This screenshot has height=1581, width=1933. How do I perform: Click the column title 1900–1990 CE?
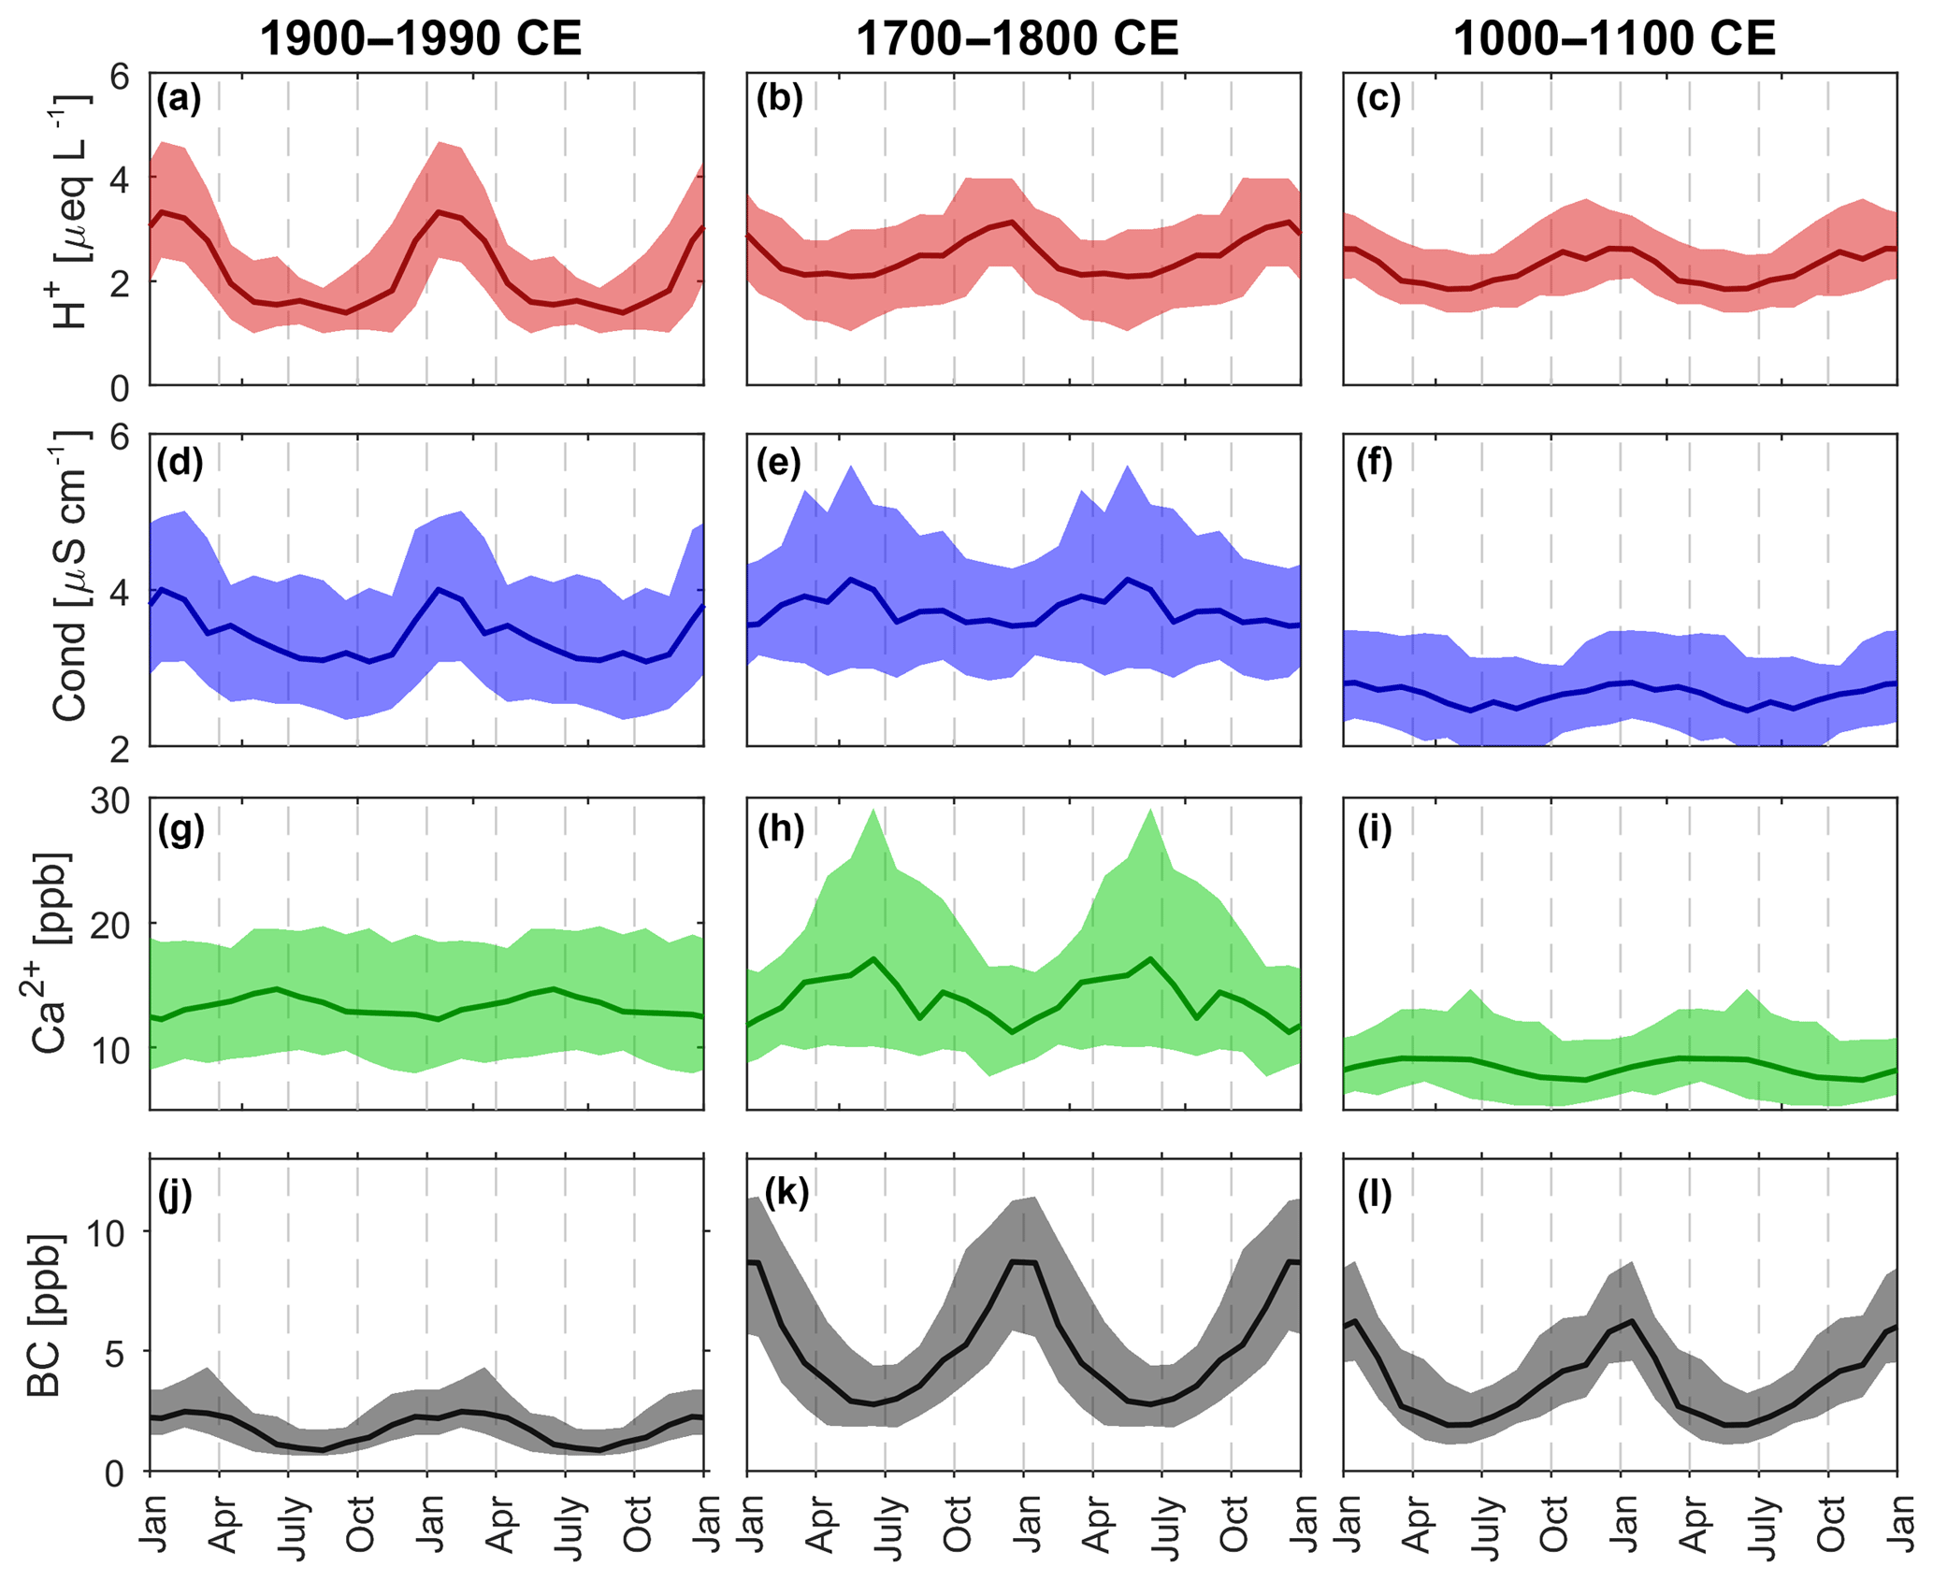(420, 39)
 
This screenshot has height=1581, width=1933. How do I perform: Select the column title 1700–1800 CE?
(1017, 39)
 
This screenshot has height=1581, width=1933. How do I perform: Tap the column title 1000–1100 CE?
(1614, 39)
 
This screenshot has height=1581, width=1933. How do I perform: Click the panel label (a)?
(179, 99)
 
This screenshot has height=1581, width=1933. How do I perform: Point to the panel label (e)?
(778, 463)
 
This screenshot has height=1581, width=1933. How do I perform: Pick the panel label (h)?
(780, 828)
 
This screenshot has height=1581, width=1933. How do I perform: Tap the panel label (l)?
(1374, 1194)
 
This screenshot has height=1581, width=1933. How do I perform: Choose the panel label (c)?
(1378, 99)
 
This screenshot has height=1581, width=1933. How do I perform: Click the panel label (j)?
(175, 1194)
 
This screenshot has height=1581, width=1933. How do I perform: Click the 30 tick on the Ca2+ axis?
(110, 801)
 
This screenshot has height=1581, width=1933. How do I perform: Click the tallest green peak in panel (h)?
(873, 810)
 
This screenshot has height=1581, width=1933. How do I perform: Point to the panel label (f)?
(1375, 463)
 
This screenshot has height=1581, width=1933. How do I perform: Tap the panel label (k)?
(786, 1194)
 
